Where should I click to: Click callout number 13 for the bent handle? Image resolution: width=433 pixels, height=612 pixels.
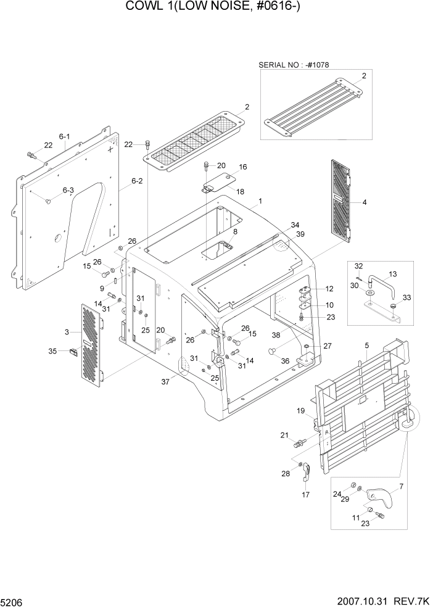click(392, 273)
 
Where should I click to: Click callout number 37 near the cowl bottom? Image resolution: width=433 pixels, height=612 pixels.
click(165, 382)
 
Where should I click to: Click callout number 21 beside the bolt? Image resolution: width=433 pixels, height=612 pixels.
click(284, 435)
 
